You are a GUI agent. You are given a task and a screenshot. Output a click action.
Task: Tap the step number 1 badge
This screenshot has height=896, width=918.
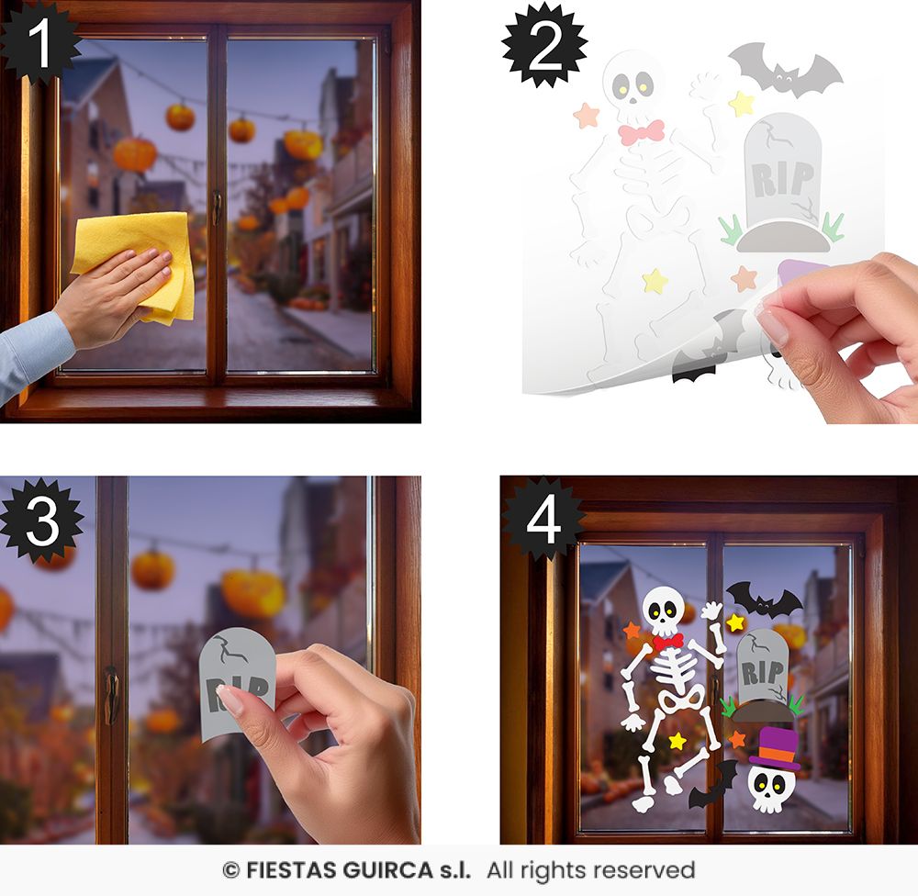pos(39,42)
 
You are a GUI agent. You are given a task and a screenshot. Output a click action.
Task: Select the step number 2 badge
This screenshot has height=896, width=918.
pos(544,45)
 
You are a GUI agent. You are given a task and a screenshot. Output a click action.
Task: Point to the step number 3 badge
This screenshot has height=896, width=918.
pos(41,521)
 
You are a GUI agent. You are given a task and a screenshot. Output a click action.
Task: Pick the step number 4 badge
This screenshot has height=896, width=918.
pos(543,521)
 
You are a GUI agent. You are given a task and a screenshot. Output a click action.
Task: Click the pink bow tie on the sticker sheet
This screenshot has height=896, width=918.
pos(642,132)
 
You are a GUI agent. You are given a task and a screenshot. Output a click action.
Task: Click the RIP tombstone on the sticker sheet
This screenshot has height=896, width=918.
pos(782,182)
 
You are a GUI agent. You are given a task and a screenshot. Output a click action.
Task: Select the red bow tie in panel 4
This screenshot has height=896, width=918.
pos(668,642)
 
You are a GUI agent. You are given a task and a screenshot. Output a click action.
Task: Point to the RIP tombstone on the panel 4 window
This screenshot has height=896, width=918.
pos(762,674)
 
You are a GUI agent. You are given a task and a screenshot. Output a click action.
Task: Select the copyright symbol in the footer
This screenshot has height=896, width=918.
pos(230,871)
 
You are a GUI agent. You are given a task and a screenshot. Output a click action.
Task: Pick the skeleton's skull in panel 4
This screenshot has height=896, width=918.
pos(664,611)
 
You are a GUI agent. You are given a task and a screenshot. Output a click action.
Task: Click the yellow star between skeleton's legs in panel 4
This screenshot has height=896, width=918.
pos(677,741)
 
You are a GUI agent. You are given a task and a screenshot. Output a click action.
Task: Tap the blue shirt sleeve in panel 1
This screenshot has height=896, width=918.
pos(32,354)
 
